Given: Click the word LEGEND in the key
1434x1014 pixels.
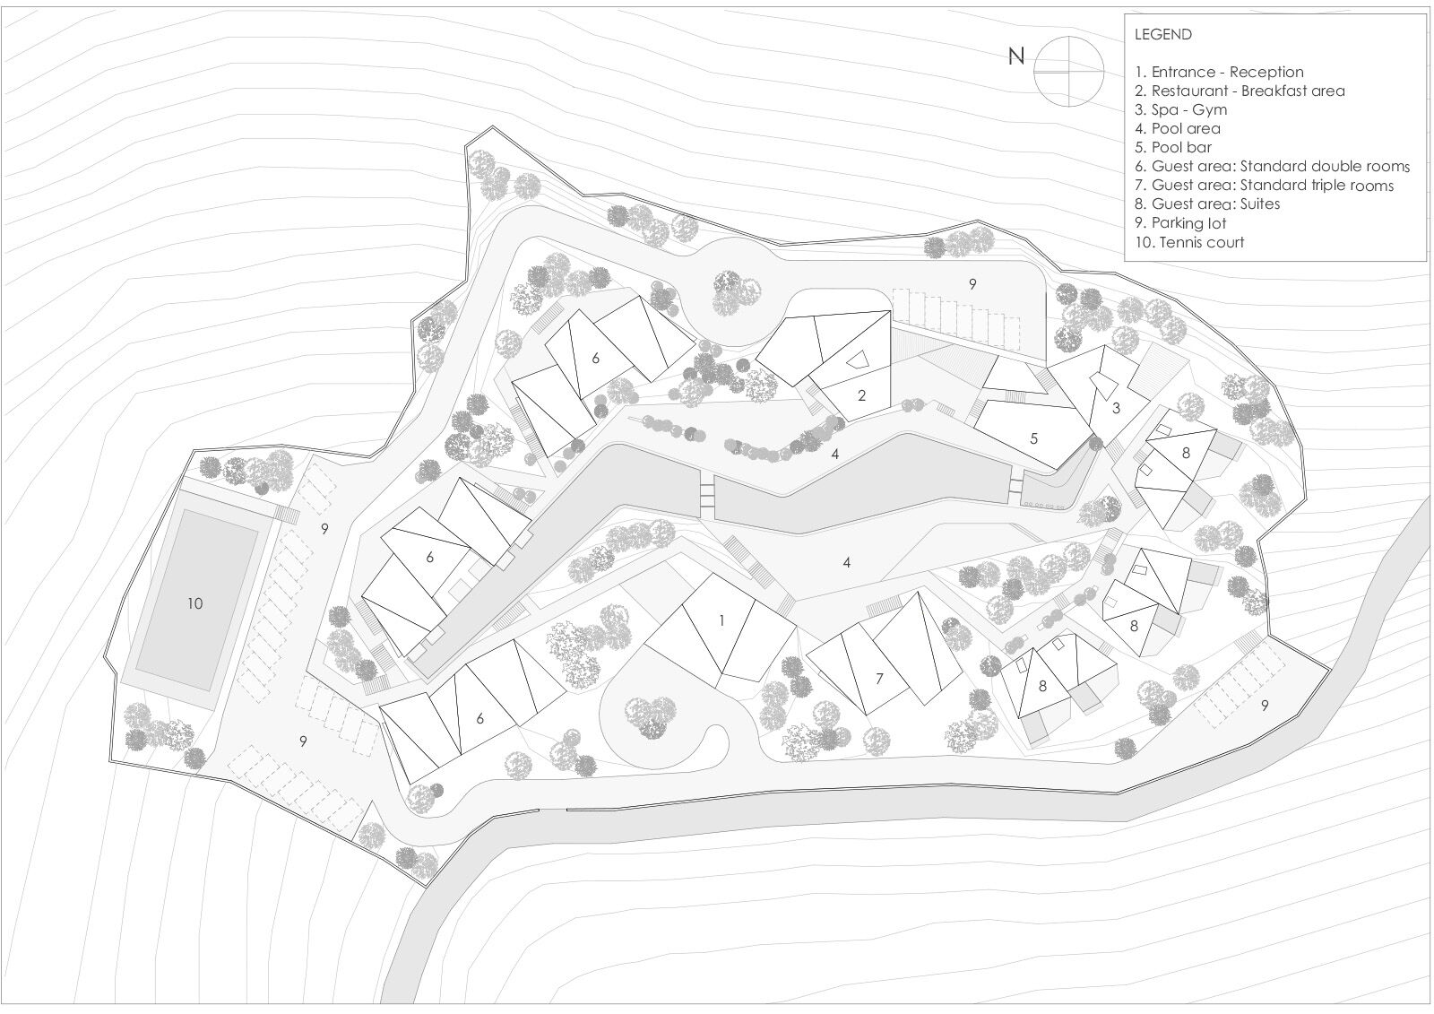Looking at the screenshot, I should coord(1162,35).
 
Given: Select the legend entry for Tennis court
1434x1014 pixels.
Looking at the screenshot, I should coord(1188,242).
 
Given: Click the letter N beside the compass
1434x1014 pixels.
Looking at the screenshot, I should coord(1015,56).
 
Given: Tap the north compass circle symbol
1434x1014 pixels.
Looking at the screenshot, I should coord(1068,69).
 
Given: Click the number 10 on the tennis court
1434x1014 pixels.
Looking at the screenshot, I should coord(194,603).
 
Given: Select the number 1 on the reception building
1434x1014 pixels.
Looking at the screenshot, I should coord(721,620).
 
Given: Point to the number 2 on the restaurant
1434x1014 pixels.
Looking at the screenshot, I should coord(861,394).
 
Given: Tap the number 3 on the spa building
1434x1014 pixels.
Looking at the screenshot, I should coord(1116,408).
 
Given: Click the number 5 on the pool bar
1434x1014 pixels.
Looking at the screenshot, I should coord(1033,438).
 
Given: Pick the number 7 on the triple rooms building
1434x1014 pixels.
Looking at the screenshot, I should coord(879,679).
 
